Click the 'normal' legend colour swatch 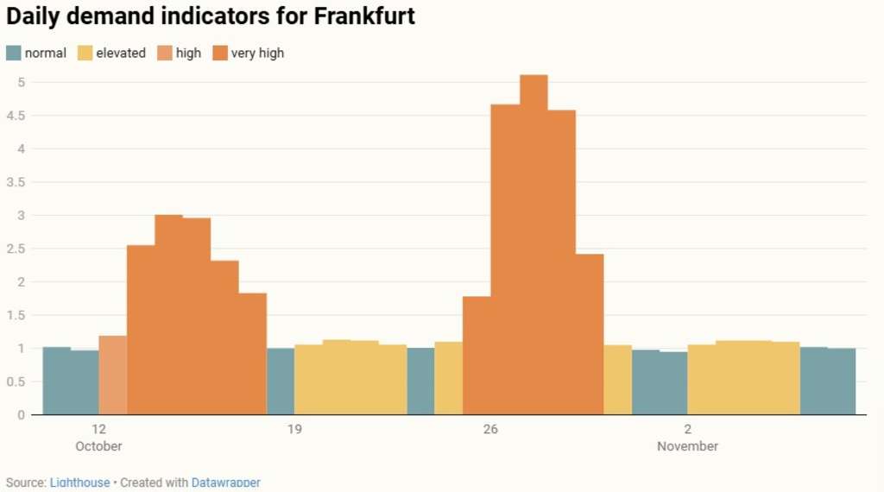coord(14,53)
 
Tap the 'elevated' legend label coord(121,53)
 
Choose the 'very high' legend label coord(257,53)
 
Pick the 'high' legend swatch coord(163,53)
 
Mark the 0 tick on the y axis coord(20,415)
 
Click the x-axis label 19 coord(294,430)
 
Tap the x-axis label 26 coord(490,430)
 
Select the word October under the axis coord(98,446)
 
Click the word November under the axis coord(687,446)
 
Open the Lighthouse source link coord(79,483)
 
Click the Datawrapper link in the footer coord(225,483)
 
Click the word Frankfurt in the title coord(355,16)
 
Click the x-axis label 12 coord(98,430)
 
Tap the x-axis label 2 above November coord(687,430)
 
